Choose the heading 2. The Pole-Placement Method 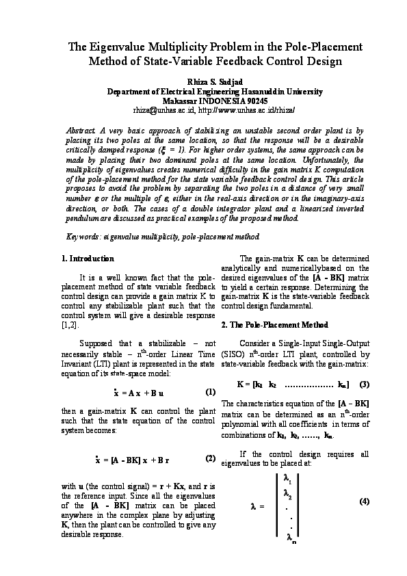(x=273, y=324)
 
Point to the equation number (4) (x=364, y=501)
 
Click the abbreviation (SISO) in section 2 (x=233, y=354)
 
